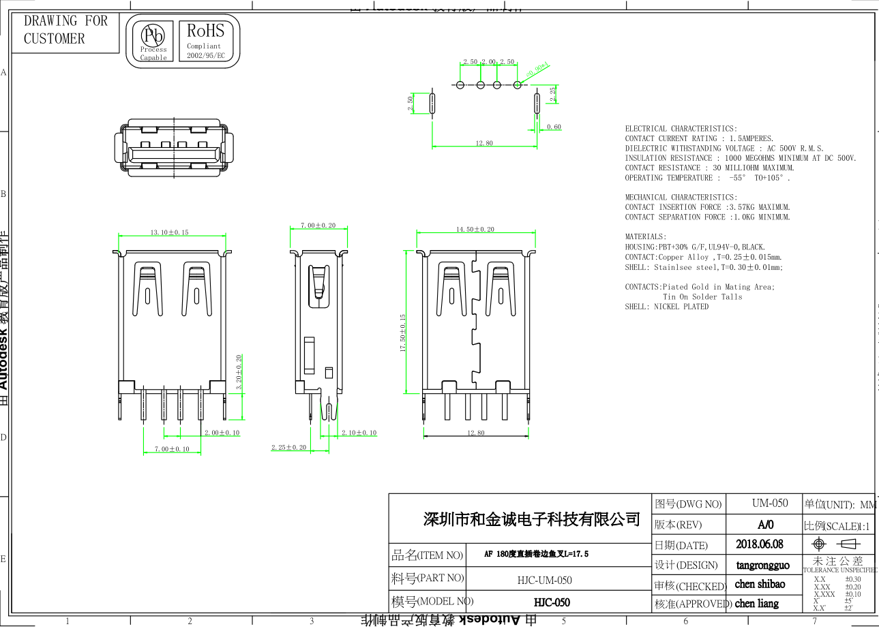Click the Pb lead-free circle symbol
pyautogui.click(x=153, y=35)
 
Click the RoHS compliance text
pyautogui.click(x=205, y=31)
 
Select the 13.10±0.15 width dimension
pyautogui.click(x=169, y=232)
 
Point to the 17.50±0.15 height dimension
pyautogui.click(x=403, y=333)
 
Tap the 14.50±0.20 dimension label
pyautogui.click(x=475, y=230)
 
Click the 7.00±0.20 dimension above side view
pyautogui.click(x=318, y=226)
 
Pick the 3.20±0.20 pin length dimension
pyautogui.click(x=239, y=372)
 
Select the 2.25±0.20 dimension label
pyautogui.click(x=289, y=448)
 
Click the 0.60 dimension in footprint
pyautogui.click(x=554, y=127)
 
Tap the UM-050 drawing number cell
pyautogui.click(x=770, y=504)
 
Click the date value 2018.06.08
pyautogui.click(x=760, y=544)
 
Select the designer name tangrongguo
pyautogui.click(x=763, y=565)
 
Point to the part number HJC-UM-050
pyautogui.click(x=544, y=581)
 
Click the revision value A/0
pyautogui.click(x=766, y=525)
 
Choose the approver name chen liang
pyautogui.click(x=757, y=604)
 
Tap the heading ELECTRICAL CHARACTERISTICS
pyautogui.click(x=681, y=129)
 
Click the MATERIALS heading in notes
pyautogui.click(x=645, y=237)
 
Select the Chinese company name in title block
pyautogui.click(x=532, y=520)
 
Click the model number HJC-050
pyautogui.click(x=552, y=602)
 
